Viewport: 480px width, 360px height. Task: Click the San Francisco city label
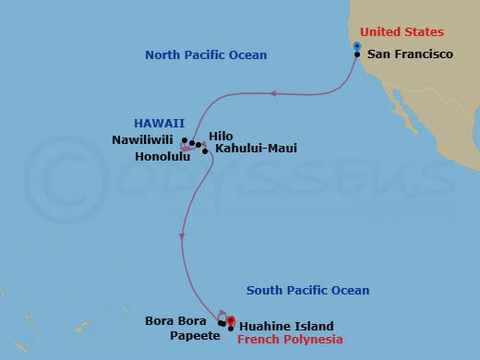[410, 54]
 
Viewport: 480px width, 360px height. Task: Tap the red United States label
[402, 31]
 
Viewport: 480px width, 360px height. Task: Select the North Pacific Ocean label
[206, 55]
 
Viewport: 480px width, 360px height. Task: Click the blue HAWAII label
[160, 122]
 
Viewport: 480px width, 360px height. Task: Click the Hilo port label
[222, 135]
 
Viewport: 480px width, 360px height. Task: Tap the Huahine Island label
[286, 326]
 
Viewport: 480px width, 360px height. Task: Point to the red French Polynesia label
[290, 340]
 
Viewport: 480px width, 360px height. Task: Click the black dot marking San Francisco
[357, 54]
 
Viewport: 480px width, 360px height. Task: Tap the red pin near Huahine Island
[231, 320]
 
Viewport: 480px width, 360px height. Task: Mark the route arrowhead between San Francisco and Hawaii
[272, 93]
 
